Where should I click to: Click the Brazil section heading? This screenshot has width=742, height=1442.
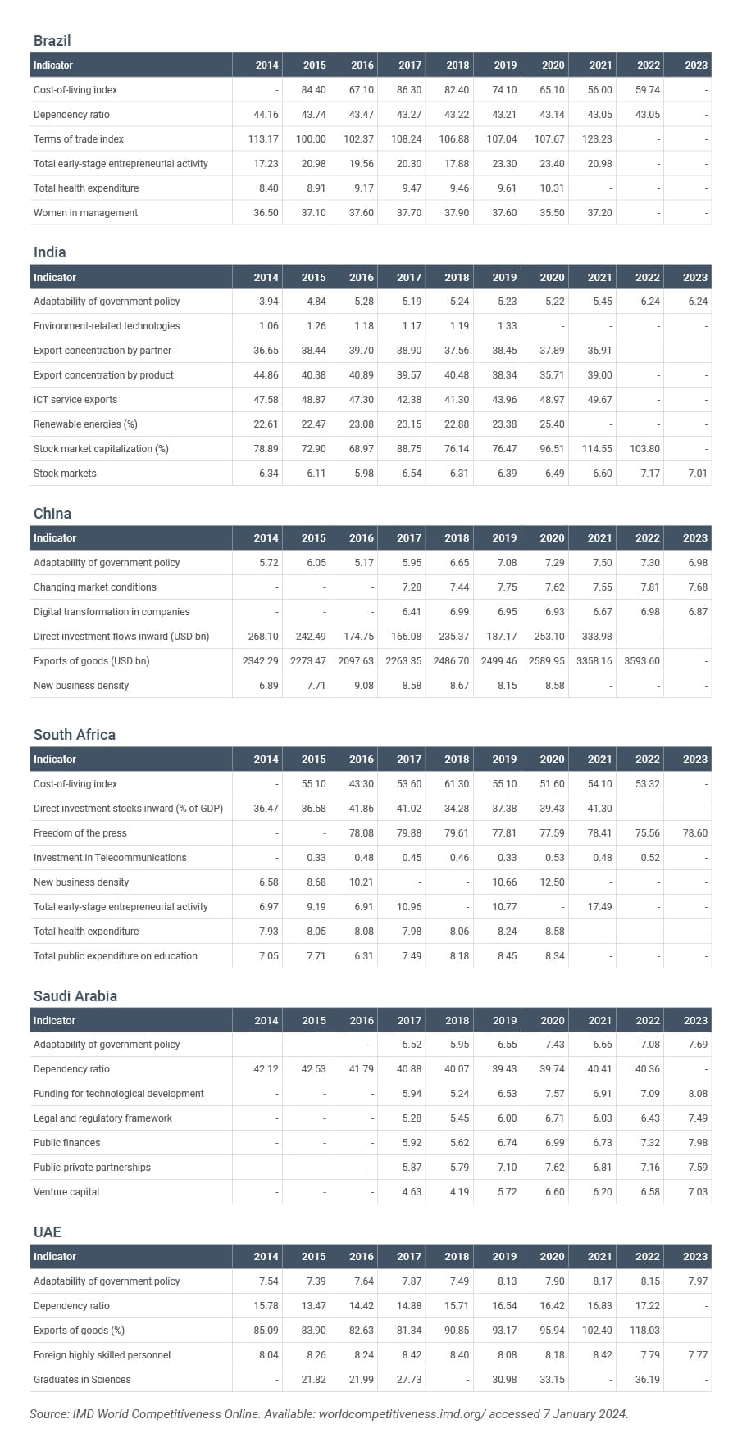52,40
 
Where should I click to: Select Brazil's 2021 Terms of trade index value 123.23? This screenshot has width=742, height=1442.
598,139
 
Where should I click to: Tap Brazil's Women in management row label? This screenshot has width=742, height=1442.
85,213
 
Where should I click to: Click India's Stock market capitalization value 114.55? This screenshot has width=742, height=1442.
597,449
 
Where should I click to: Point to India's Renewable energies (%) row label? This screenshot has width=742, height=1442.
85,424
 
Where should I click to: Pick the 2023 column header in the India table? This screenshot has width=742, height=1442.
694,277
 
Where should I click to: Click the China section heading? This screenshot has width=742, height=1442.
52,514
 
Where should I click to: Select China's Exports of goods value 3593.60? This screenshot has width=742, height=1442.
642,661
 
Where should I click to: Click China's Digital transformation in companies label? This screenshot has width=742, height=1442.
112,612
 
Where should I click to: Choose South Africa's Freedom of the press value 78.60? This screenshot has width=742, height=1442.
694,833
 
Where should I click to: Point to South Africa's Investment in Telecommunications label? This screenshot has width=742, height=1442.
110,858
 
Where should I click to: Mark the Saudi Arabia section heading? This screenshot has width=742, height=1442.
75,996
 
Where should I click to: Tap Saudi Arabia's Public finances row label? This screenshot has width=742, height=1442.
66,1143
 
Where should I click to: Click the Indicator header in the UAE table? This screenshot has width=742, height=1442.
53,1257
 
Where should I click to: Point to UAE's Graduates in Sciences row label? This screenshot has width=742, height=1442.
82,1380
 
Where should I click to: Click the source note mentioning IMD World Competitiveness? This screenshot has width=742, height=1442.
328,1414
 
